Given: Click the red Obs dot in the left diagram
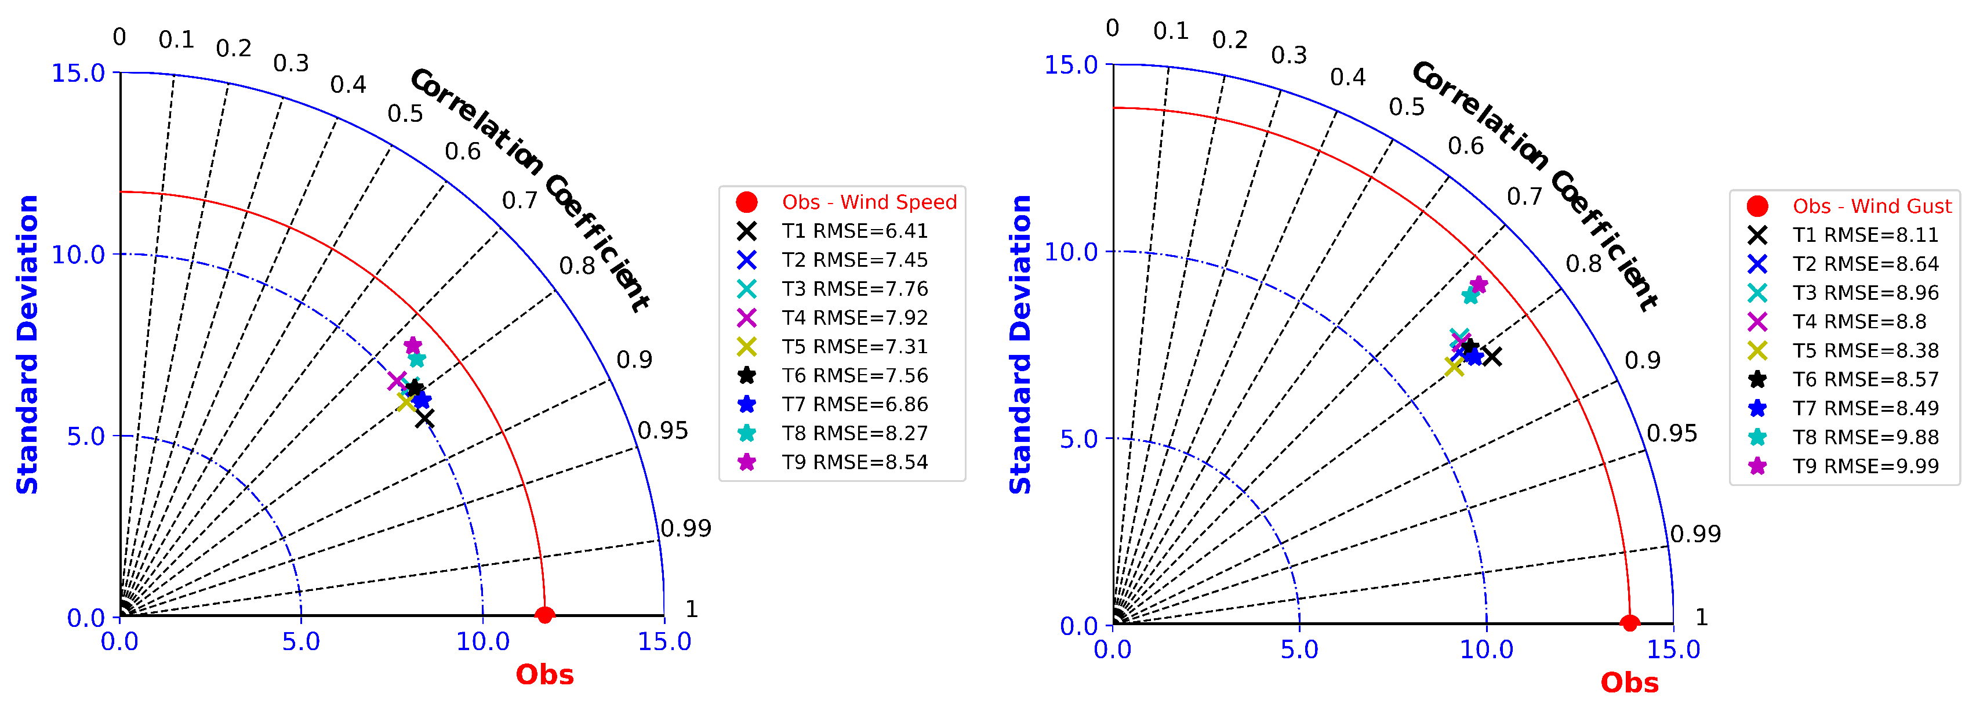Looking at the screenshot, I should point(544,615).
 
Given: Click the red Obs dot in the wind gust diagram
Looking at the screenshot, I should point(1630,623).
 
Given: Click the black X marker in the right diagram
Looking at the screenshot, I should point(1491,356).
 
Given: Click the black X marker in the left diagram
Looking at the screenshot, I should point(425,418).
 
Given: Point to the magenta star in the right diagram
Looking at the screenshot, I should point(1478,285).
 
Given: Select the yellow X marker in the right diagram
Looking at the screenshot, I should point(1453,367).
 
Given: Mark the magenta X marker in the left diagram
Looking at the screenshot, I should point(397,380).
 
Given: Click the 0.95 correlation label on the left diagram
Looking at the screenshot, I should point(663,430).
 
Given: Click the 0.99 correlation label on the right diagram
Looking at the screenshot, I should point(1695,534).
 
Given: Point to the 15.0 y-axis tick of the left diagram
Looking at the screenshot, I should point(78,74).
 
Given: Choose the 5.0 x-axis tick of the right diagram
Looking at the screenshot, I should point(1299,650).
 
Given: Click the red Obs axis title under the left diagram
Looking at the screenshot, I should point(544,675).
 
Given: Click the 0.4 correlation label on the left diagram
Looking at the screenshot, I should point(348,84).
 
